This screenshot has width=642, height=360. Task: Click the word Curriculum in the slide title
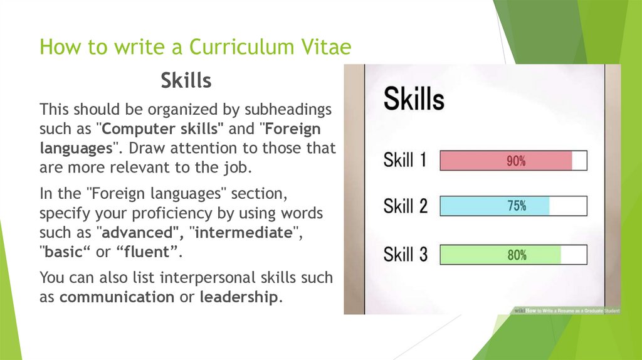tap(241, 46)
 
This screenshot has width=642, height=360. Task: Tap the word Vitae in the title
tap(326, 46)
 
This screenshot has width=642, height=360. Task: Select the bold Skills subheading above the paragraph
tap(186, 80)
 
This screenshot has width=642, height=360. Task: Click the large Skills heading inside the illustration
tap(414, 98)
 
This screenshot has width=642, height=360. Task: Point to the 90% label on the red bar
tap(516, 161)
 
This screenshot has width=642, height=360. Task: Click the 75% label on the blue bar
tap(517, 206)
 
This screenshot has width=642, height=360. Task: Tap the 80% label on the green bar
tap(517, 255)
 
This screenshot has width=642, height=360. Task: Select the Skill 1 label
tap(405, 160)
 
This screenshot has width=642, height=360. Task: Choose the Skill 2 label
tap(406, 206)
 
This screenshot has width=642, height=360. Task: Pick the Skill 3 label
tap(406, 255)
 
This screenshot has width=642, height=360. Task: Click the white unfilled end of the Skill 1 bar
tap(579, 161)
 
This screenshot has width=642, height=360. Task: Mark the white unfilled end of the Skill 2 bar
tap(568, 206)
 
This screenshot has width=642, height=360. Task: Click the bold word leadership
tap(239, 297)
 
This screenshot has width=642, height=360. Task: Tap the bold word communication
tap(117, 297)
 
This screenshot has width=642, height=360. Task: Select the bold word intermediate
tap(244, 233)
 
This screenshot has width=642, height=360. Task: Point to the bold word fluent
tap(147, 252)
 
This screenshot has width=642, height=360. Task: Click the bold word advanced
tap(137, 233)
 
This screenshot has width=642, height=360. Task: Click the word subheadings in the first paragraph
tap(288, 110)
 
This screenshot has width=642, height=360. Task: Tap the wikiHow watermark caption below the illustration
tap(567, 310)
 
